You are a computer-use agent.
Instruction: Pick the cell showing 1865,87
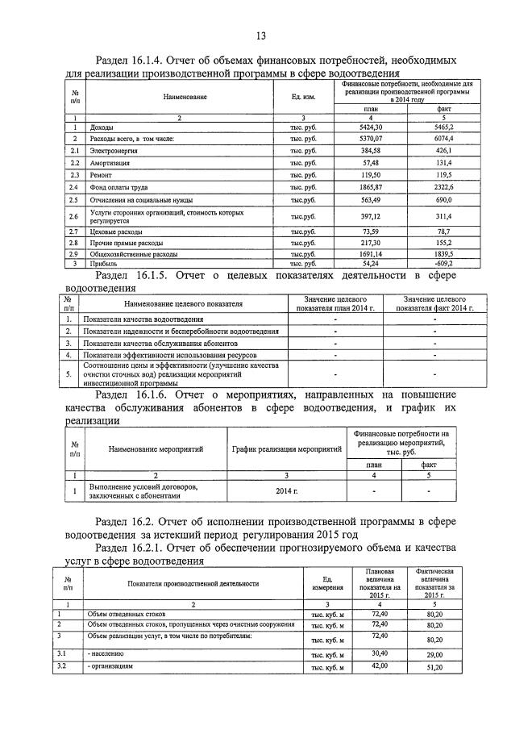(371, 186)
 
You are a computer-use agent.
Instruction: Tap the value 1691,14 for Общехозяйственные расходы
(371, 253)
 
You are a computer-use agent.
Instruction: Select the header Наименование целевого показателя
(183, 303)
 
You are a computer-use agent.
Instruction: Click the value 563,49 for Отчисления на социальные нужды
(371, 200)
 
